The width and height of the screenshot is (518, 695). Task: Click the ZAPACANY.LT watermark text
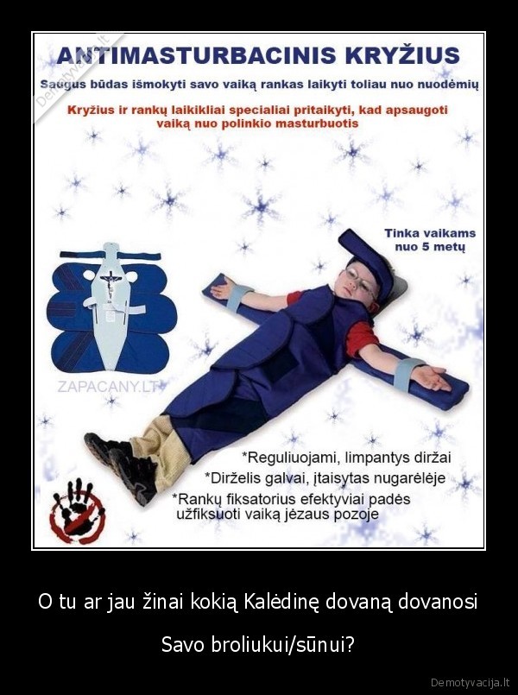pyautogui.click(x=109, y=387)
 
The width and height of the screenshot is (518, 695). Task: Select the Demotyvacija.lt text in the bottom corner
pyautogui.click(x=471, y=682)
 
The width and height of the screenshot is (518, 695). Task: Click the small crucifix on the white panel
pyautogui.click(x=109, y=283)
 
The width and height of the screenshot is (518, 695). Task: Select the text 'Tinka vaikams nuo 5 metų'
pyautogui.click(x=430, y=239)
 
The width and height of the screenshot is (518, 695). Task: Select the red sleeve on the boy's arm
pyautogui.click(x=361, y=338)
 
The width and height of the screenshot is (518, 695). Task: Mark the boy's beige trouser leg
pyautogui.click(x=162, y=449)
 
